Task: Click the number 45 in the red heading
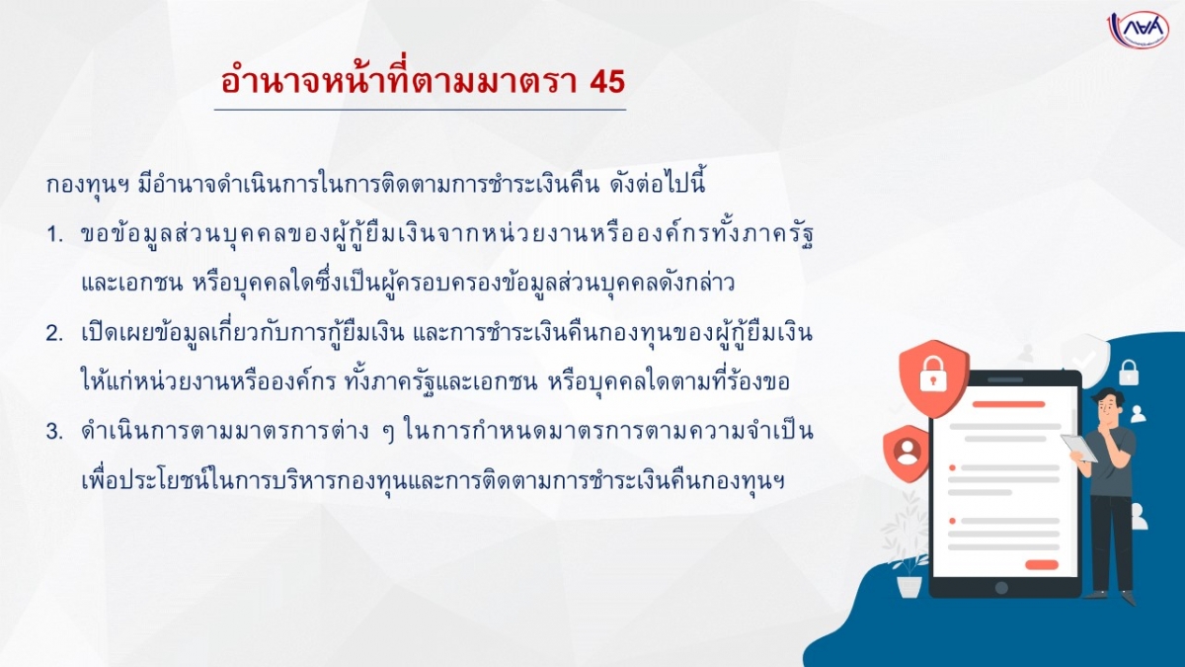click(x=606, y=82)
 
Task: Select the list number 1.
click(x=55, y=235)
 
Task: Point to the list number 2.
click(x=55, y=334)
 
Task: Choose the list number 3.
click(x=55, y=432)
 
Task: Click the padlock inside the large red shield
click(x=933, y=375)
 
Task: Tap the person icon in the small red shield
click(x=907, y=453)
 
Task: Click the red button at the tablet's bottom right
click(x=1042, y=564)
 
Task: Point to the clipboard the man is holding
click(x=1078, y=448)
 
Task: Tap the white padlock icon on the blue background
click(x=1129, y=373)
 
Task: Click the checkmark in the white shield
click(x=1083, y=360)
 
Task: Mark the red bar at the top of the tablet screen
click(x=1008, y=404)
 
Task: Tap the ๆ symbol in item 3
click(x=388, y=434)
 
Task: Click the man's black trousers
click(x=1111, y=542)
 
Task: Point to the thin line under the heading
click(x=420, y=110)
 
